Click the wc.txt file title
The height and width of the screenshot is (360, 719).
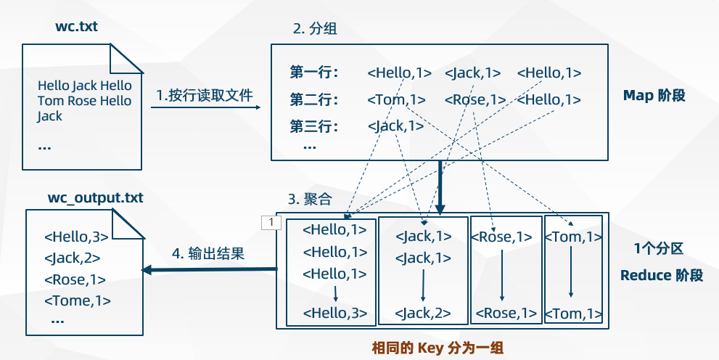coord(77,27)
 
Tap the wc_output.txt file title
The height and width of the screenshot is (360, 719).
coord(95,198)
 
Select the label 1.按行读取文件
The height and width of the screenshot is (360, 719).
coord(205,95)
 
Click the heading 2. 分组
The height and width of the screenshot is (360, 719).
coord(315,28)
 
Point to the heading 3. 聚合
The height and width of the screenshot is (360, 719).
coord(310,200)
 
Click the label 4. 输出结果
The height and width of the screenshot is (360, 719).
coord(208,253)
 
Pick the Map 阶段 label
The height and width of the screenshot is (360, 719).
coord(654,95)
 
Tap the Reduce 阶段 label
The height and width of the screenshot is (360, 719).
coord(662,275)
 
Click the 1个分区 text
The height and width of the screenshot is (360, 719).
coord(659,249)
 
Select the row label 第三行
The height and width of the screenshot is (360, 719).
coord(314,126)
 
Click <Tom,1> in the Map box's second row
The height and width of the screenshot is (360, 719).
coord(397,99)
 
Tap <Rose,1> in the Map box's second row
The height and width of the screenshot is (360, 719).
coord(475,99)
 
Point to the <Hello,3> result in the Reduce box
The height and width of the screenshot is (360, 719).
coord(335,314)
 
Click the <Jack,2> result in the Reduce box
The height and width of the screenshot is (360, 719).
coord(423,314)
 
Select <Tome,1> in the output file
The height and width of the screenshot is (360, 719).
coord(78,300)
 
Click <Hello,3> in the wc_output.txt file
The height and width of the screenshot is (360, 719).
coord(76,237)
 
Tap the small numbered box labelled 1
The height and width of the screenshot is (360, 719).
coord(271,223)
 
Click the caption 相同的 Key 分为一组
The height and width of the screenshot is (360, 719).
coord(437,348)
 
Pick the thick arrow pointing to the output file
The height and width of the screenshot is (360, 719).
coord(209,270)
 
